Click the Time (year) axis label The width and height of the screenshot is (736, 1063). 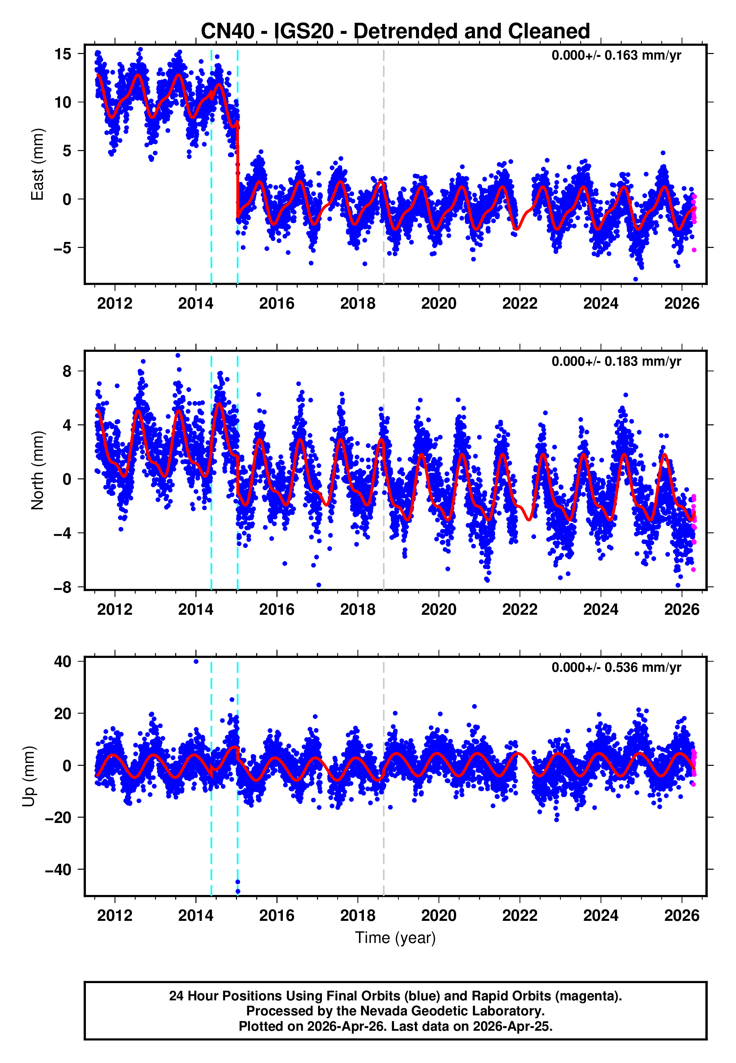click(395, 938)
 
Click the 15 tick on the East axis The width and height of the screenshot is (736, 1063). click(63, 54)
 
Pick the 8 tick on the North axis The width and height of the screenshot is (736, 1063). click(67, 371)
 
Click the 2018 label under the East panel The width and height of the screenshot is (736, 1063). click(357, 303)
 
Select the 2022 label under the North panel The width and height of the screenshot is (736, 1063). click(520, 610)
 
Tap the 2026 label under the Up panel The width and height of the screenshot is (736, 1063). click(682, 916)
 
